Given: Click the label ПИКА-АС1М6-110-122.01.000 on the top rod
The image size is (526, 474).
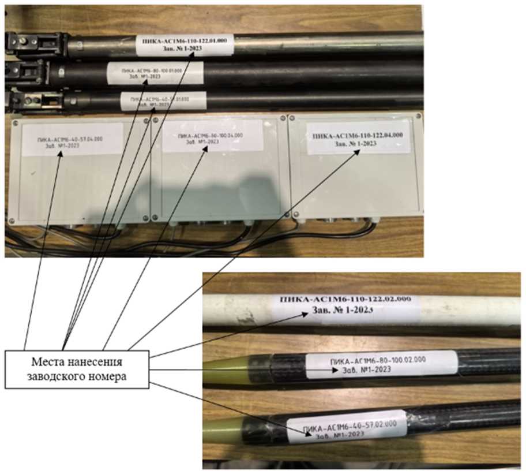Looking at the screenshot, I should [x=185, y=44].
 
